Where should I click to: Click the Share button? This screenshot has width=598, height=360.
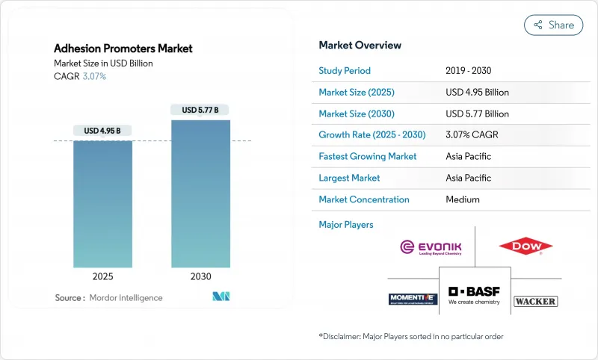(x=553, y=25)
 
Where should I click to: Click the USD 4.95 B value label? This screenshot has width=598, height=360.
(x=102, y=131)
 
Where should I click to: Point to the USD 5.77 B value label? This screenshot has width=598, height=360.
(x=200, y=110)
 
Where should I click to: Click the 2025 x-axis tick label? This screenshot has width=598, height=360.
(x=102, y=276)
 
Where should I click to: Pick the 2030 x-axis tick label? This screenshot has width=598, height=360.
(x=200, y=276)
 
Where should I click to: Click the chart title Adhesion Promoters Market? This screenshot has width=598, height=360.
(x=123, y=49)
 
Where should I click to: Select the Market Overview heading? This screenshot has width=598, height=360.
(x=360, y=45)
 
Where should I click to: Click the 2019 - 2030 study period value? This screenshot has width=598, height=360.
(x=469, y=71)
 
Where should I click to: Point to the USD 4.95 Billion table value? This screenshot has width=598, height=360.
(x=477, y=93)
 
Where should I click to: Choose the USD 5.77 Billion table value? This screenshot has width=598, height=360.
(x=477, y=114)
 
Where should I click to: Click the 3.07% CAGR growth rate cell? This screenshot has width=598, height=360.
(x=472, y=135)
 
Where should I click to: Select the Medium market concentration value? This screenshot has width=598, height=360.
(x=462, y=199)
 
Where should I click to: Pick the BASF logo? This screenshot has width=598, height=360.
(x=475, y=295)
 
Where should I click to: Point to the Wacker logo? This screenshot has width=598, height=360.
(x=535, y=301)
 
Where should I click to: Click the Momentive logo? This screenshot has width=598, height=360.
(x=412, y=299)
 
